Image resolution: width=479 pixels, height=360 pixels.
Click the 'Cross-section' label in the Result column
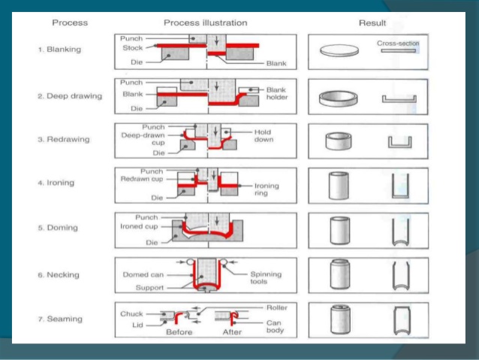tap(398, 44)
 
